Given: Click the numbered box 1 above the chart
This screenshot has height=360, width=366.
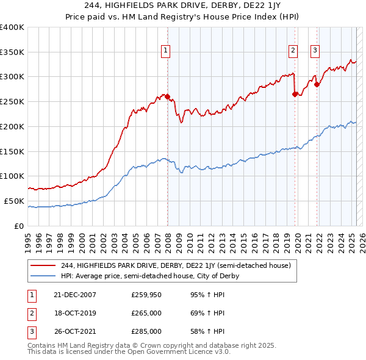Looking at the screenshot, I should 165,51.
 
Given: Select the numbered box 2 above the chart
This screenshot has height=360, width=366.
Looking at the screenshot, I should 293,51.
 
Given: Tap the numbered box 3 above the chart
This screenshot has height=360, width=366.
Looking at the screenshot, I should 315,51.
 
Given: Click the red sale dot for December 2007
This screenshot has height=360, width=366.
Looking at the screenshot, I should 167,96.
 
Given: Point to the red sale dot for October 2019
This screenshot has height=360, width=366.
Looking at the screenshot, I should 295,94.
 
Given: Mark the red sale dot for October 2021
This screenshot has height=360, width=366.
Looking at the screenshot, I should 317,84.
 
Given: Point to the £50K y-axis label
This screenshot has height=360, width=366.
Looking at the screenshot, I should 14,201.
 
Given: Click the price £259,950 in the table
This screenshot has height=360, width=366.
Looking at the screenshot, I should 146,295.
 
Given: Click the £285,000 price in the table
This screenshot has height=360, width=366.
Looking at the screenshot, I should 146,331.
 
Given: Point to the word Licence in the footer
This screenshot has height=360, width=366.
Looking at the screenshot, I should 192,351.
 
